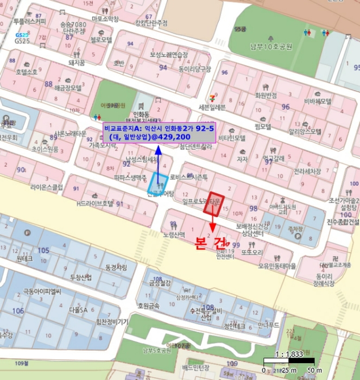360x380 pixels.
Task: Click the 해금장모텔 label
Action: pyautogui.click(x=68, y=87)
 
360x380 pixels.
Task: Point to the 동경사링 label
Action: pyautogui.click(x=116, y=267)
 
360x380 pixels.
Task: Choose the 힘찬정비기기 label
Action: pyautogui.click(x=112, y=321)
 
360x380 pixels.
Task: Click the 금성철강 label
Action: pyautogui.click(x=160, y=283)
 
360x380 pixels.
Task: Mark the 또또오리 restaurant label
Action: pyautogui.click(x=252, y=252)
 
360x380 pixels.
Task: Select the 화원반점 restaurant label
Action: pyautogui.click(x=266, y=95)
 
